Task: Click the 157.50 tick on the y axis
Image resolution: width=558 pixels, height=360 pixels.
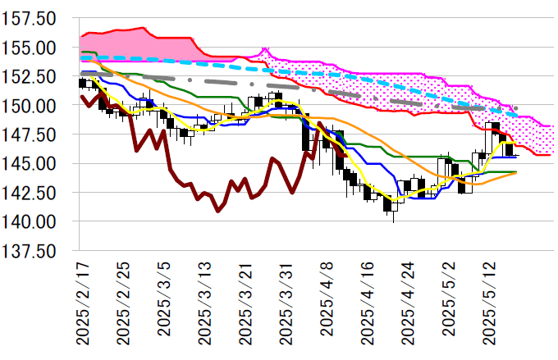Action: click(x=30, y=19)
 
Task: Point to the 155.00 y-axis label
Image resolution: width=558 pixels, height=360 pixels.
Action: click(x=30, y=48)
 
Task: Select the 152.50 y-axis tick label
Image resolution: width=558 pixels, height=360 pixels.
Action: click(x=30, y=76)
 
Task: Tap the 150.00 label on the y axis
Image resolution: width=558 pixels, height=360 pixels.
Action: click(x=30, y=106)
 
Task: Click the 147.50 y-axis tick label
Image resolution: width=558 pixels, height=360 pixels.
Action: click(x=30, y=134)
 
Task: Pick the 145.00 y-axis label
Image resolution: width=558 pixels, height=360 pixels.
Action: click(x=30, y=163)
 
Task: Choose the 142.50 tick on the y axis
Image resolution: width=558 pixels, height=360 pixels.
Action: click(x=30, y=193)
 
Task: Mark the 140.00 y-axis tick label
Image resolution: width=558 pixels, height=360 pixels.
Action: click(x=30, y=221)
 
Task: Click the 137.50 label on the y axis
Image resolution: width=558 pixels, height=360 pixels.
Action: click(x=30, y=250)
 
